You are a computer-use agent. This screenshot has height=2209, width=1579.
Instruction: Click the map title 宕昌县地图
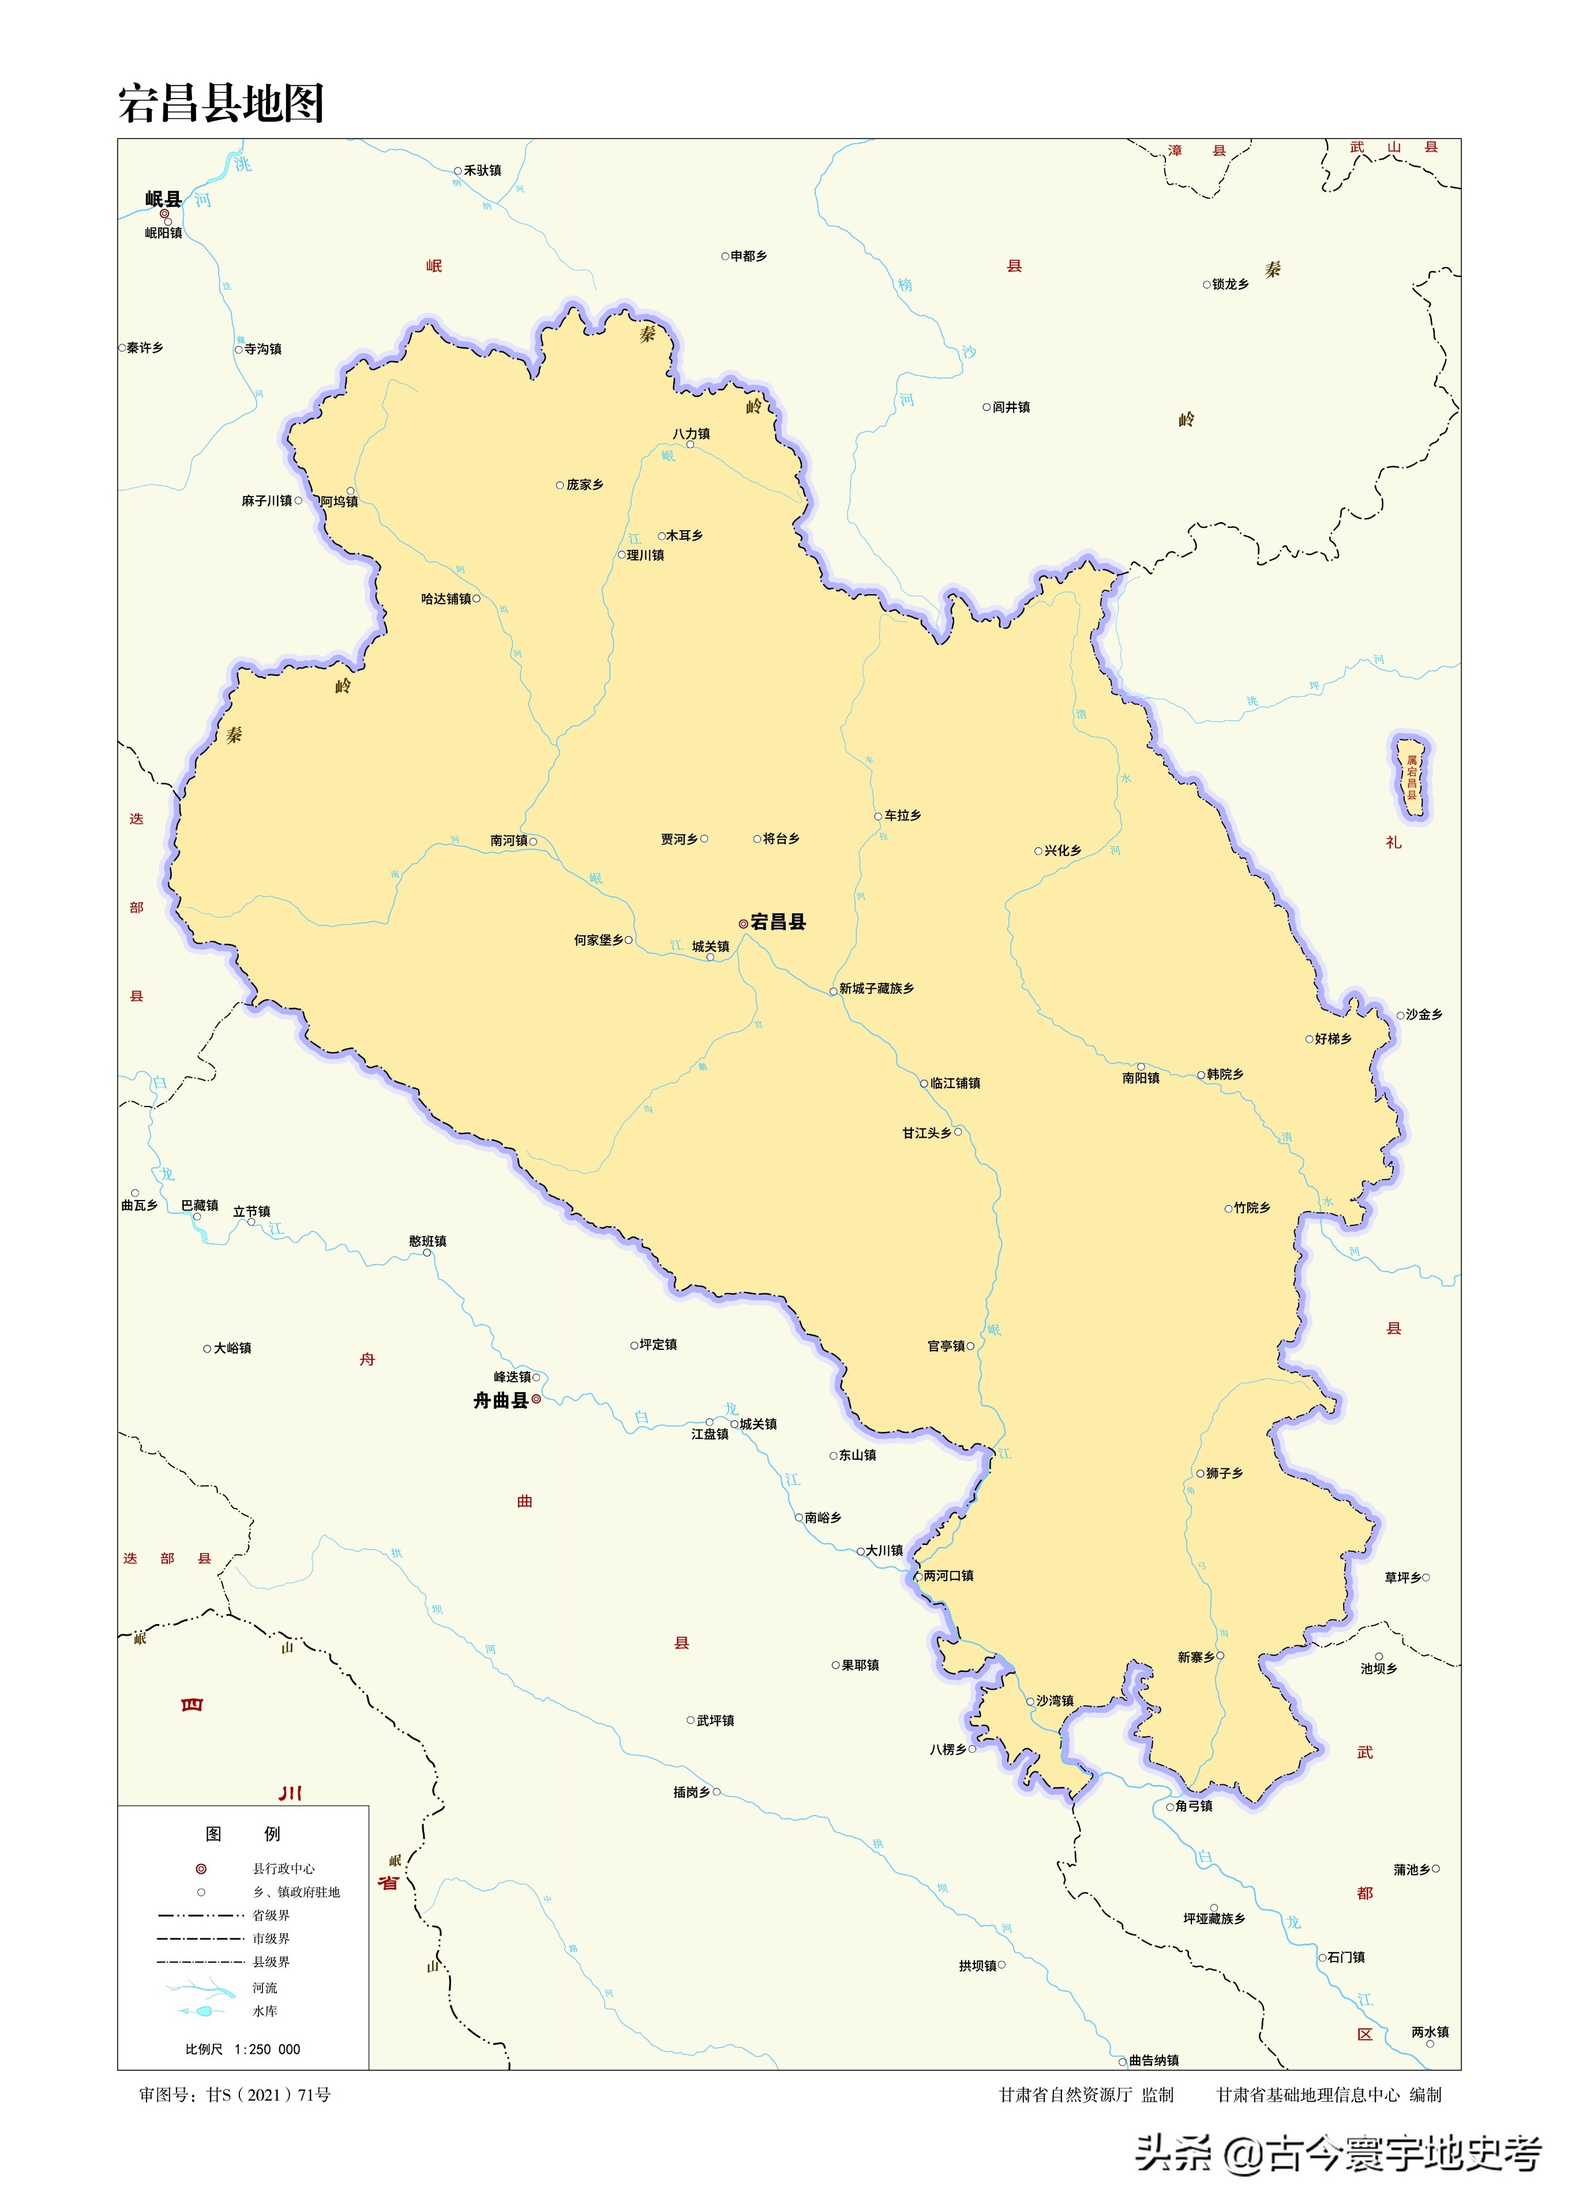point(221,103)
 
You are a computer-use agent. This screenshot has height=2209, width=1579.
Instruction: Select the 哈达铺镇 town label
point(447,599)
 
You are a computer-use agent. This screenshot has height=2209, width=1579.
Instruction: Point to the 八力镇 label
point(691,434)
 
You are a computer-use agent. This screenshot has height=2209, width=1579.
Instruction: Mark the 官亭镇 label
point(946,1347)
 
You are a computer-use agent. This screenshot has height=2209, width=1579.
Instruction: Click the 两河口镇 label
point(948,1576)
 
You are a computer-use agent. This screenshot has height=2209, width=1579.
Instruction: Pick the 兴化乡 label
point(1063,851)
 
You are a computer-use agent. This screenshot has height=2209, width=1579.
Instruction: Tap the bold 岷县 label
point(163,199)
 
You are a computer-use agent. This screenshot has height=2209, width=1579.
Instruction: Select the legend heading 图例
point(242,1833)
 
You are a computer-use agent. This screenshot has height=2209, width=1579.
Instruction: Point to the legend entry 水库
point(264,2011)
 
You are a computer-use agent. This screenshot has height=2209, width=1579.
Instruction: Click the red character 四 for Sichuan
point(192,1704)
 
